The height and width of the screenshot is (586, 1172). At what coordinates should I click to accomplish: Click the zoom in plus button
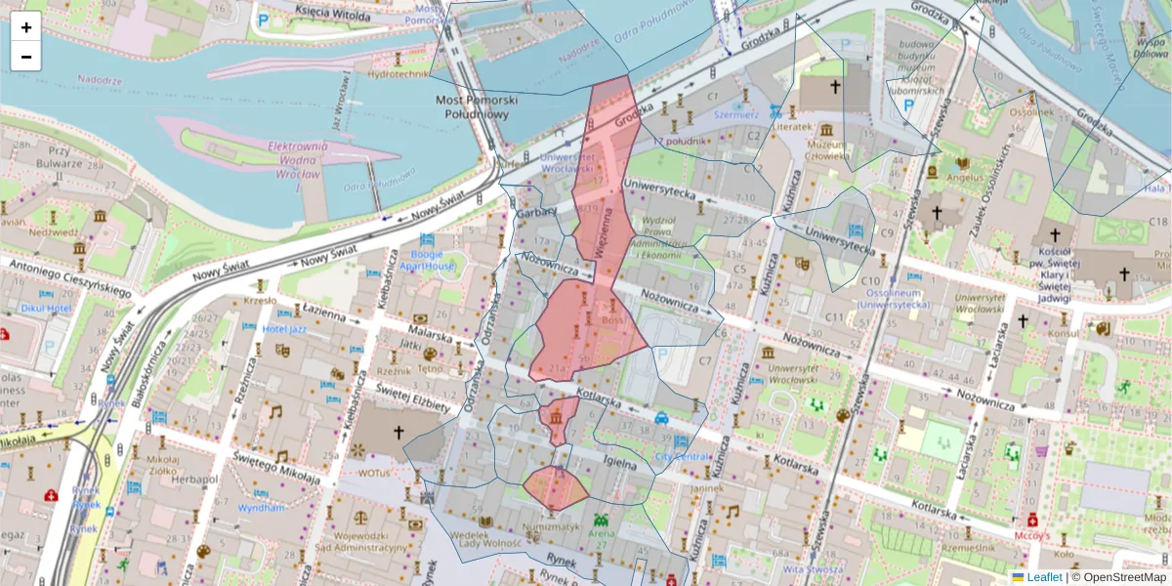[x=26, y=27]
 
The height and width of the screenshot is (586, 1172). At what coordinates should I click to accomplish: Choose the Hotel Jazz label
[x=284, y=329]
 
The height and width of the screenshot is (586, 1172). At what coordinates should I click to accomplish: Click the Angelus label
[x=963, y=178]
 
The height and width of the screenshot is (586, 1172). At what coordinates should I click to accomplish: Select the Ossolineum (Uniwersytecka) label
[x=893, y=298]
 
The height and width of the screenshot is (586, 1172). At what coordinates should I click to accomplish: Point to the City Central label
[x=683, y=456]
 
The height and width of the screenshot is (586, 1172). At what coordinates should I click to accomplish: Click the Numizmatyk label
[x=552, y=526]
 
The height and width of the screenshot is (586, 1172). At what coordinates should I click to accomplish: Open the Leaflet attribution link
[x=1044, y=577]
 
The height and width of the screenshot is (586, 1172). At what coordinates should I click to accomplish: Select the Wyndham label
[x=261, y=508]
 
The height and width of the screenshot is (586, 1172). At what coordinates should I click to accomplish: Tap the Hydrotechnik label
[x=398, y=74]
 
